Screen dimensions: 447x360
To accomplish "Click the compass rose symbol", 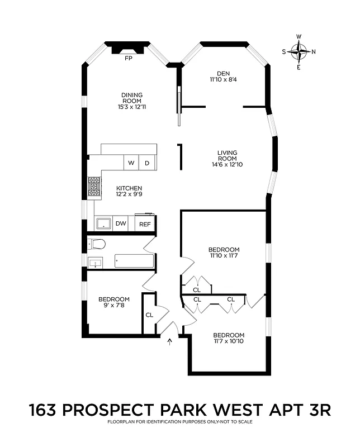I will [x=299, y=52].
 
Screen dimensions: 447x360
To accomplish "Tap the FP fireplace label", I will [x=128, y=58].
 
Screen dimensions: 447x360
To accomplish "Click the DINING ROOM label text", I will [x=132, y=98].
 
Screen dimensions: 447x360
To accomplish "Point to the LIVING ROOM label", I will [x=228, y=156].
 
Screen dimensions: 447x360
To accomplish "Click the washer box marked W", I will [x=131, y=163].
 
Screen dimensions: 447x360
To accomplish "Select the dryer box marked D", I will [x=147, y=163].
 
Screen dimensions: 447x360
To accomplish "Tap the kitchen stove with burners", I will [x=94, y=188].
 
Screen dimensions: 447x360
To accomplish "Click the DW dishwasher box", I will [x=121, y=223].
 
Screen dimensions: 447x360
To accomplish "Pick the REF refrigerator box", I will [x=145, y=223].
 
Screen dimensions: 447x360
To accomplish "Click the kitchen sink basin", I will [x=103, y=223].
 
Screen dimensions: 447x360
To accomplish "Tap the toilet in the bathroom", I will [x=97, y=244].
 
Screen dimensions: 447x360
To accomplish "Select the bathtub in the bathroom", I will [x=134, y=260].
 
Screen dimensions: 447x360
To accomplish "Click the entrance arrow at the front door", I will [x=169, y=341].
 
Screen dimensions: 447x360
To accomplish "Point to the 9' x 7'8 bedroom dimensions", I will [x=113, y=306].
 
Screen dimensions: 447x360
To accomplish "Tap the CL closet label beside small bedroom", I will [x=149, y=315].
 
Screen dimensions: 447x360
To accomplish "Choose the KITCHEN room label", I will [x=129, y=188].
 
